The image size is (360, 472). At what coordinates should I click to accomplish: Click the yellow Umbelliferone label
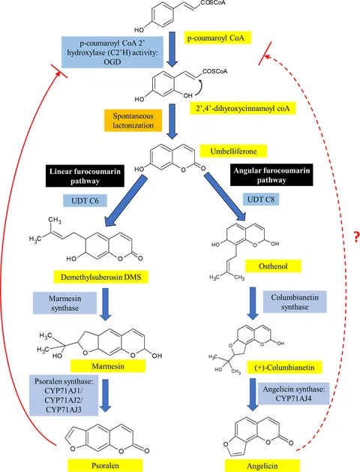click(x=233, y=151)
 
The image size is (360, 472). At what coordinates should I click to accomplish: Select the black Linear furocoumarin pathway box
click(x=85, y=176)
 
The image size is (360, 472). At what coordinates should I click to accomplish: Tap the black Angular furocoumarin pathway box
click(x=271, y=175)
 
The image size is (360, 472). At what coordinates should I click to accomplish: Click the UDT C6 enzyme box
click(x=85, y=201)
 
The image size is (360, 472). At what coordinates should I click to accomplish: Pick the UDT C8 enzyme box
click(x=261, y=200)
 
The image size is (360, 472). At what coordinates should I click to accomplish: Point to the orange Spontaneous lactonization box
click(x=133, y=120)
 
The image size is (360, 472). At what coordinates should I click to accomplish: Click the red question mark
click(x=357, y=238)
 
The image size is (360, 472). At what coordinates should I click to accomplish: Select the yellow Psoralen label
click(x=105, y=465)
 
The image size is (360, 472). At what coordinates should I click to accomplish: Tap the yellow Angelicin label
click(x=262, y=466)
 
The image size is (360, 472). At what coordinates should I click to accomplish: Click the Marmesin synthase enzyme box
click(x=64, y=303)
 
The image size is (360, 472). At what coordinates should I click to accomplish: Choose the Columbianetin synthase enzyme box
click(x=295, y=302)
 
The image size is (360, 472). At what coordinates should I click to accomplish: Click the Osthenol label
click(x=273, y=266)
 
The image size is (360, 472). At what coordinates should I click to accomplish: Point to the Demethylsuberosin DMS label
click(x=100, y=277)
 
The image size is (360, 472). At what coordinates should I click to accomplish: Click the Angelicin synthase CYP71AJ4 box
click(x=294, y=394)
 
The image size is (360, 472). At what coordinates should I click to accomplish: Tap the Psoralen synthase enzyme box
click(x=64, y=395)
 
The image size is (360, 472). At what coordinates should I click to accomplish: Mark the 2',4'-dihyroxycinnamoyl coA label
click(x=243, y=108)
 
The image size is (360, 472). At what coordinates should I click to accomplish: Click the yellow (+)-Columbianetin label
click(x=284, y=368)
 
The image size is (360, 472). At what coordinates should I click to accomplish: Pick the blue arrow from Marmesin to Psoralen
click(x=106, y=395)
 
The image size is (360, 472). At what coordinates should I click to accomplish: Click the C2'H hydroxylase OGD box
click(x=112, y=53)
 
